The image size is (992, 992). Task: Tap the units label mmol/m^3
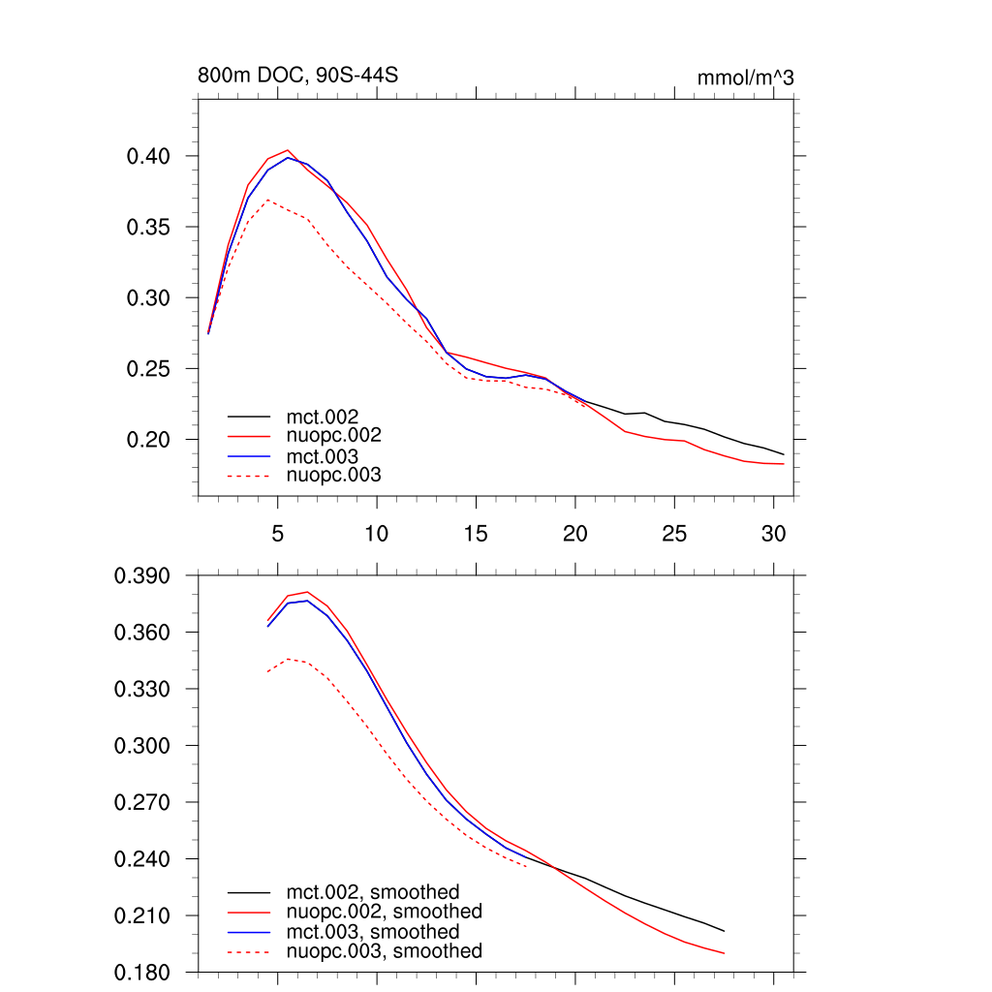(x=745, y=77)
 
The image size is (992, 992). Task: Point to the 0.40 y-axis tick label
(x=148, y=156)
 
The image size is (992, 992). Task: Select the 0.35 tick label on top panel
(x=148, y=227)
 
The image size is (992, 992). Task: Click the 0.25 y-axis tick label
(x=148, y=369)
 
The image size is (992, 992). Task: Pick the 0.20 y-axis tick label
(x=148, y=440)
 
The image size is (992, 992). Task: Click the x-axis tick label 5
(x=277, y=533)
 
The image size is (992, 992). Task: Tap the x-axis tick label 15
(x=476, y=533)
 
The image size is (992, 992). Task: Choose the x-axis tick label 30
(x=773, y=533)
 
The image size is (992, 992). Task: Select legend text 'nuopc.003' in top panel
(x=334, y=475)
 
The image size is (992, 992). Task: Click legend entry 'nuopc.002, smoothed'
(x=384, y=912)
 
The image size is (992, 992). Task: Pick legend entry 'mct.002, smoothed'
(x=373, y=892)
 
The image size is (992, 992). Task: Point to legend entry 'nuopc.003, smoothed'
(x=384, y=951)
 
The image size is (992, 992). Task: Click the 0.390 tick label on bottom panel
(x=142, y=576)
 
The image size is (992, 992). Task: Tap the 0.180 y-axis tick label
(x=142, y=973)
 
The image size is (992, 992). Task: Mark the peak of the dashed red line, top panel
(x=267, y=200)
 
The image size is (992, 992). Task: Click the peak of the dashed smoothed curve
(x=289, y=659)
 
